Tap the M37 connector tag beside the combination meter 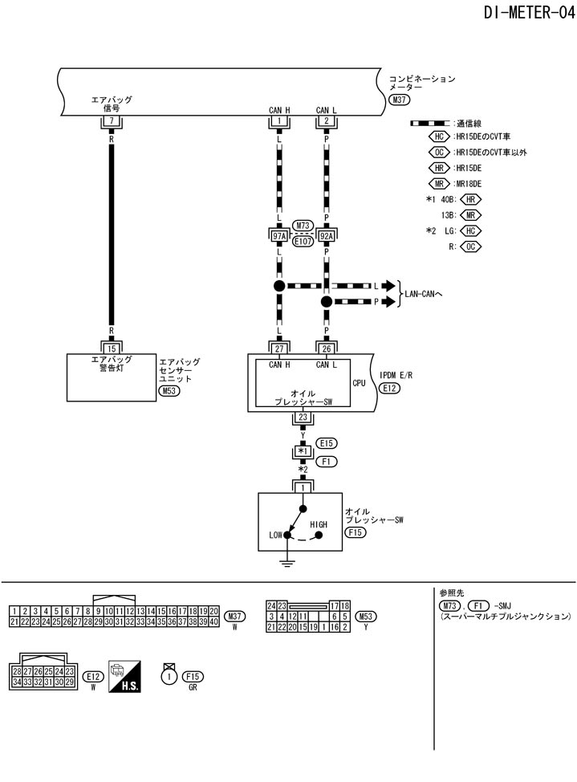click(x=398, y=100)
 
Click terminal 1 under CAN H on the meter click(x=279, y=120)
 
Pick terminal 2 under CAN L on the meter click(x=326, y=120)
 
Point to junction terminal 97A click(x=279, y=236)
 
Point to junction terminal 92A click(x=326, y=236)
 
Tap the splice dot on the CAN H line click(x=279, y=286)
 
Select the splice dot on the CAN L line click(x=326, y=302)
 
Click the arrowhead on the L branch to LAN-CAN click(x=389, y=286)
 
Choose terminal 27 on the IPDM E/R click(x=279, y=348)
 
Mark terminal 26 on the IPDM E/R click(x=326, y=348)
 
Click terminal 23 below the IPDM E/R click(x=303, y=417)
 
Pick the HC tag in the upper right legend click(x=440, y=136)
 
